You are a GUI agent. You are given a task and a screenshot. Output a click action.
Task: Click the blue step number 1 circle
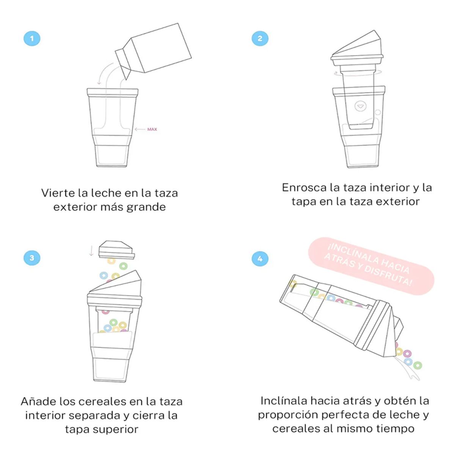[x=32, y=38]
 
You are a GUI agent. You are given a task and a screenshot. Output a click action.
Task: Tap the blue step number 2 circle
[x=260, y=38]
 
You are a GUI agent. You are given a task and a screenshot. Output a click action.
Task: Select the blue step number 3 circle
[x=32, y=258]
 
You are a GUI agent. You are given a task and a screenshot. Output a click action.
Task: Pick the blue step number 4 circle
[x=260, y=259]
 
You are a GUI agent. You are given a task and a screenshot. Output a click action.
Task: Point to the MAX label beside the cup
[x=152, y=129]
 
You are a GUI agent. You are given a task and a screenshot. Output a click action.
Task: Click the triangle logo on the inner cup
[x=360, y=106]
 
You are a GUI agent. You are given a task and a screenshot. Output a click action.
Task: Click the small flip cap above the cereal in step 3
[x=116, y=250]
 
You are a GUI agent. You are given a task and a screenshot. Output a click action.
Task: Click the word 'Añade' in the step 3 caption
[x=39, y=402]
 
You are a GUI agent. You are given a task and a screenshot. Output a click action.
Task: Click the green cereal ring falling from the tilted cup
[x=417, y=366]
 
